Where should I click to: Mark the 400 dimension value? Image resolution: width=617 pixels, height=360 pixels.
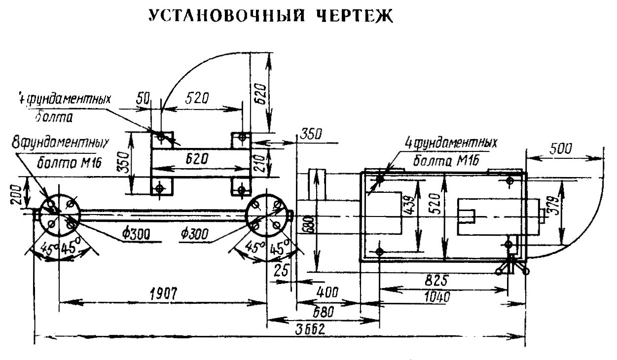(x=327, y=293)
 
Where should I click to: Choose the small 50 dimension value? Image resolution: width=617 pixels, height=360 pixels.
(x=143, y=98)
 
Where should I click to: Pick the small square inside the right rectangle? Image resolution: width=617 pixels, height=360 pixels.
(x=467, y=216)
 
